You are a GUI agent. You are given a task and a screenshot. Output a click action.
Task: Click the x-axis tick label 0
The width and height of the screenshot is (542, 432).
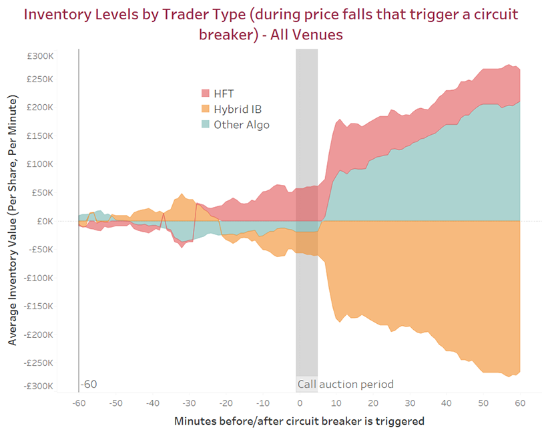coord(300,403)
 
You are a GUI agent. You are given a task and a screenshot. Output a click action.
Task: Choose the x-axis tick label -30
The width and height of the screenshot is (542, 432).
coord(189,403)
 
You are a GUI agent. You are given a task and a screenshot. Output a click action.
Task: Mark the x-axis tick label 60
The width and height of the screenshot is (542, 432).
coord(520,403)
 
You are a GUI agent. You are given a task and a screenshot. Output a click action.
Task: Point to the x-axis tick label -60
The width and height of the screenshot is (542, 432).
coord(79,403)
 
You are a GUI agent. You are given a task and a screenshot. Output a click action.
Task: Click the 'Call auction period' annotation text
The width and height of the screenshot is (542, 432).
coord(345,385)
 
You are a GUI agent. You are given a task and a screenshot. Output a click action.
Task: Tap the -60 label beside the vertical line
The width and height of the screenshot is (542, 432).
coord(89,385)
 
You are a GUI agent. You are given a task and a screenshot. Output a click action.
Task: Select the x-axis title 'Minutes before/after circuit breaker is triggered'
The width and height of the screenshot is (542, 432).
coord(299,421)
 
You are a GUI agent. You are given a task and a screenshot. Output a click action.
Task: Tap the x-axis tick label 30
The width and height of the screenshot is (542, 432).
coord(410,403)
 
